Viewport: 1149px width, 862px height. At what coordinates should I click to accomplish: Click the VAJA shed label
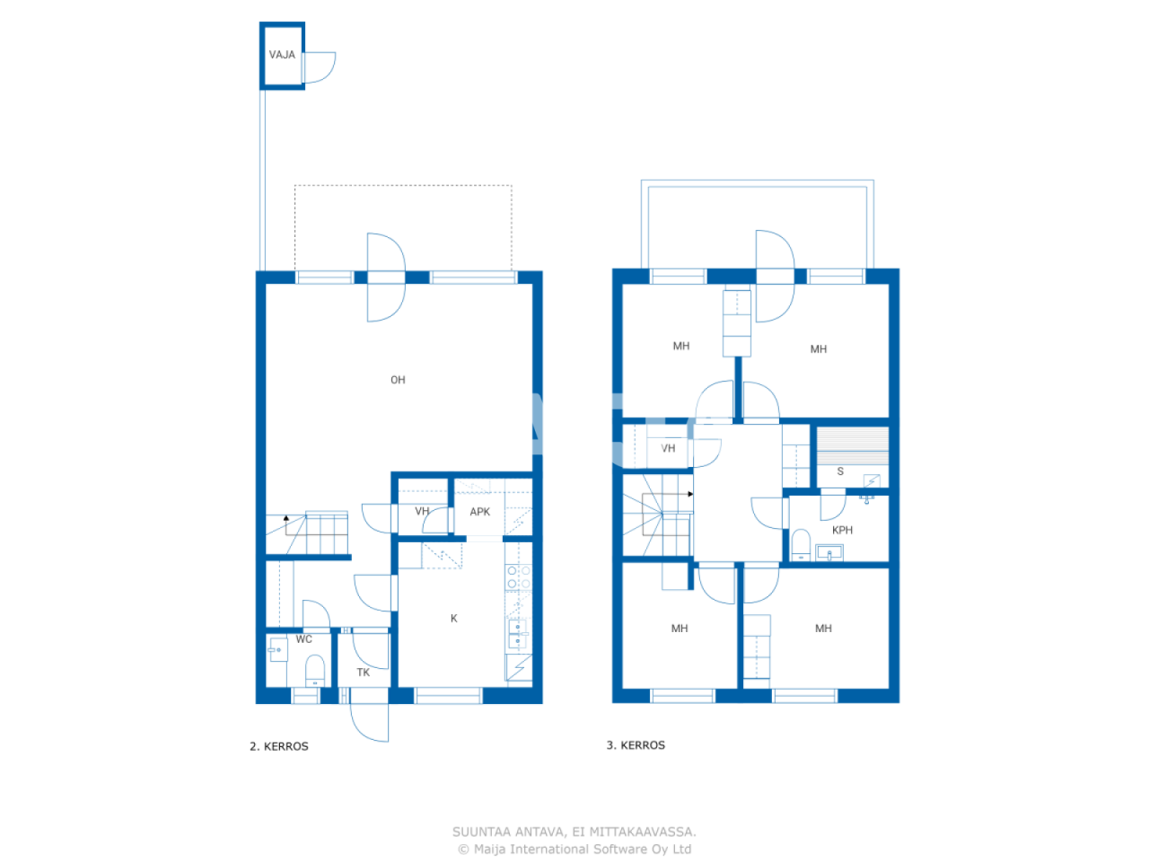point(282,55)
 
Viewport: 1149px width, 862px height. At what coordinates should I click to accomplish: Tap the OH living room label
point(398,380)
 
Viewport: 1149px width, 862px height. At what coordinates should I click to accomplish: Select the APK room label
point(480,512)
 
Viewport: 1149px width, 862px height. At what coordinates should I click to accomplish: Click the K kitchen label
point(454,618)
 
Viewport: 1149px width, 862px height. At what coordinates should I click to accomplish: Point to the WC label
point(304,639)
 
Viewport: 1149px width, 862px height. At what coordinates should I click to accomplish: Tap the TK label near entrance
point(364,672)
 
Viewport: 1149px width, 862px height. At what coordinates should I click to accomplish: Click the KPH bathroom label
point(842,530)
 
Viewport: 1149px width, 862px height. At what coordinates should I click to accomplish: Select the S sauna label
point(840,471)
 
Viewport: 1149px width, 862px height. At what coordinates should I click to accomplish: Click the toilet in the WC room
point(314,671)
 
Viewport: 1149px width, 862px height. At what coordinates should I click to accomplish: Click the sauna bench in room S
point(852,444)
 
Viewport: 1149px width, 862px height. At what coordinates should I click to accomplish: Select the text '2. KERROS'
point(279,746)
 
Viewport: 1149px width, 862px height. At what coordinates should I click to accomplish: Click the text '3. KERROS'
point(636,745)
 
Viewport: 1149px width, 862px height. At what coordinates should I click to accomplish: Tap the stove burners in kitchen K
point(518,577)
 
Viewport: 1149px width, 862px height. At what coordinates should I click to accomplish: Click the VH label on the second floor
point(422,512)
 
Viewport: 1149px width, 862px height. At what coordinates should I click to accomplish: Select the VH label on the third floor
point(668,448)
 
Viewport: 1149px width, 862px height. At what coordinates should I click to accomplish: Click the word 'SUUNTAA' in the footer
point(482,832)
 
